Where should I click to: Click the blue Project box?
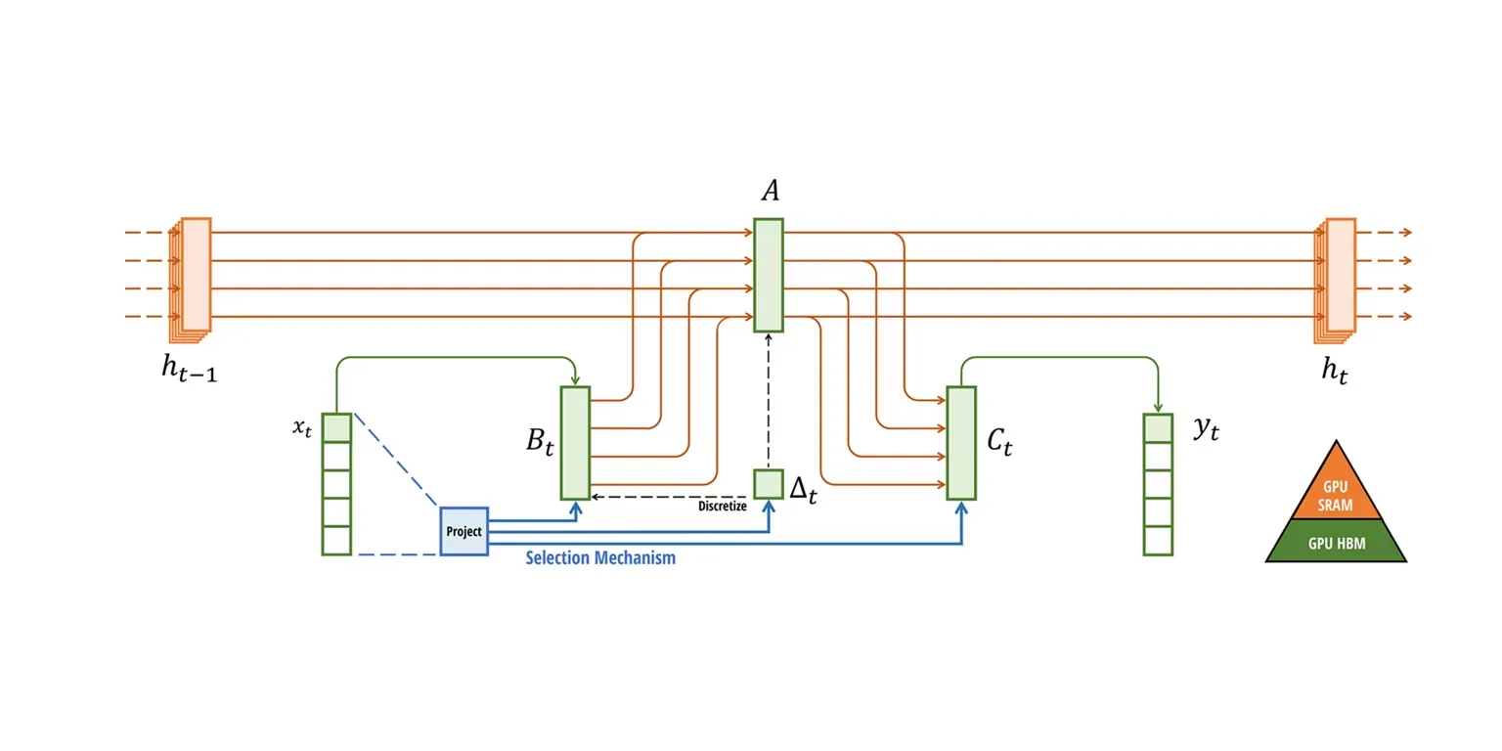[464, 531]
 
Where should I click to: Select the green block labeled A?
[768, 275]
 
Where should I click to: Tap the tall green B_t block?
[575, 443]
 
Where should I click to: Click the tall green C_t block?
[961, 443]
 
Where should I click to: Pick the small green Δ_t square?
[768, 484]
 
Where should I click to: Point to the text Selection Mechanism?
[600, 559]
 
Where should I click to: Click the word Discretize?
[723, 507]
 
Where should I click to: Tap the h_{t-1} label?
[189, 370]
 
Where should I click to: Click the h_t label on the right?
[1334, 370]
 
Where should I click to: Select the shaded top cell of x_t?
[336, 428]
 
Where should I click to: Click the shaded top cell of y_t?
[1158, 428]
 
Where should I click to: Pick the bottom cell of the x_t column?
[336, 541]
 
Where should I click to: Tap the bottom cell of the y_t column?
[1158, 541]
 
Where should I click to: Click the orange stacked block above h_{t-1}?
[194, 276]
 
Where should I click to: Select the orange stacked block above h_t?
[1338, 276]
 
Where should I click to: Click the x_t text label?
[301, 427]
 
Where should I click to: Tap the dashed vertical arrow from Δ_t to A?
[768, 401]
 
